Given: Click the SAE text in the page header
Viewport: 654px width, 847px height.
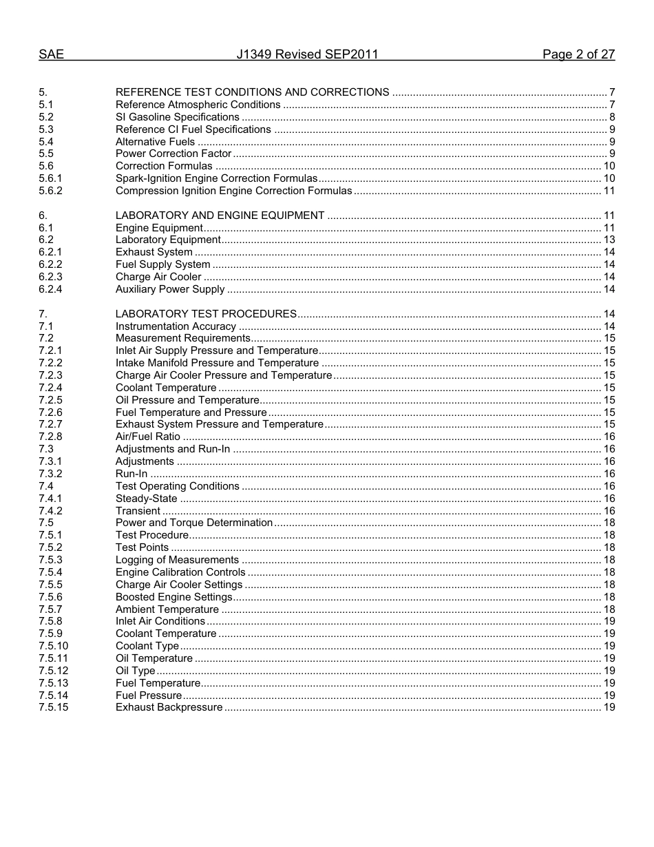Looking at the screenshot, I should point(51,54).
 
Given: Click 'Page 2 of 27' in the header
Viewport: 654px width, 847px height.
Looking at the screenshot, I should point(578,54).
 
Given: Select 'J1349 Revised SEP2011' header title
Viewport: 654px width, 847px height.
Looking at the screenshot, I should point(307,54).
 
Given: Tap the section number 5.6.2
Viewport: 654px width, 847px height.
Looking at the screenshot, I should point(50,191).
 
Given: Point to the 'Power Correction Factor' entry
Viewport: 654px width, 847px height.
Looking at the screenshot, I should point(173,154).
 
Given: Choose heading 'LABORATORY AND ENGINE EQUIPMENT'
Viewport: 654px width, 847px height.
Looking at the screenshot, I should point(220,216).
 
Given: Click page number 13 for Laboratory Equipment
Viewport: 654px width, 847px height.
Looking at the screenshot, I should point(609,240).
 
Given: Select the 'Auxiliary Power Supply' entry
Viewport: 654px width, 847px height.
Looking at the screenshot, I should point(170,289).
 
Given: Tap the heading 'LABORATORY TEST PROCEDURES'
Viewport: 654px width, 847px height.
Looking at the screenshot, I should point(206,314).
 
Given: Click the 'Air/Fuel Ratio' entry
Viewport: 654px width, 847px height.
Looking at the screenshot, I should point(147,437).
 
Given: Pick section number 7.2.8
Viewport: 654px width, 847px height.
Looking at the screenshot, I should point(50,437).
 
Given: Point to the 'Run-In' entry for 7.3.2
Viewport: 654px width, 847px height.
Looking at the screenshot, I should point(131,474).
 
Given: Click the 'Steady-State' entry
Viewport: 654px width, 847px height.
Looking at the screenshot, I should point(146,499).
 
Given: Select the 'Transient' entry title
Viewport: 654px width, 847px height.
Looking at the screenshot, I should point(138,511).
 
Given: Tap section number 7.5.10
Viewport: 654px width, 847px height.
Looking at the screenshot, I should point(53,646).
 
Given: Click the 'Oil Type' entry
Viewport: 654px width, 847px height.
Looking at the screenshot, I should point(135,671).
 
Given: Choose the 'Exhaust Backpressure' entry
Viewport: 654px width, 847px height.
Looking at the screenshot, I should point(169,707).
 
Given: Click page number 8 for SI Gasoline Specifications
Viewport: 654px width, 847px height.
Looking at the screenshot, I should point(611,117).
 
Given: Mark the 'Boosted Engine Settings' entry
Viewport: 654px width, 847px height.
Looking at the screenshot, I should point(173,597).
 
